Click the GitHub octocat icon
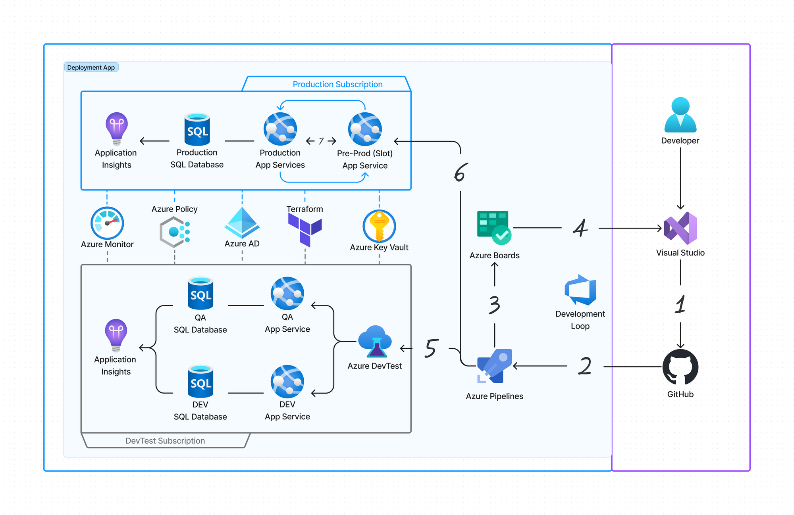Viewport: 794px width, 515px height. (680, 367)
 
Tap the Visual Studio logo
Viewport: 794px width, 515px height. (680, 228)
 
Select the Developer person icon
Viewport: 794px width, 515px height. (680, 115)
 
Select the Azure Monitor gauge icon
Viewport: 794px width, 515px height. (107, 223)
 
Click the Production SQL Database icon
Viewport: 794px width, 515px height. (197, 129)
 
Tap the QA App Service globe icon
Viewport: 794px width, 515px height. (287, 294)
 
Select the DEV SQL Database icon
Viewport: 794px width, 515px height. (200, 381)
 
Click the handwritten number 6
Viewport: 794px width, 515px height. (461, 173)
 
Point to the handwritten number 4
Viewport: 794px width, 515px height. (580, 228)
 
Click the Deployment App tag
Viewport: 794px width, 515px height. (91, 67)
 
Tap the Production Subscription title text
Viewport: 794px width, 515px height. (337, 84)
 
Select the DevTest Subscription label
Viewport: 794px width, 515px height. (165, 441)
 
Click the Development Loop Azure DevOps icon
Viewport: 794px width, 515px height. (580, 290)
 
